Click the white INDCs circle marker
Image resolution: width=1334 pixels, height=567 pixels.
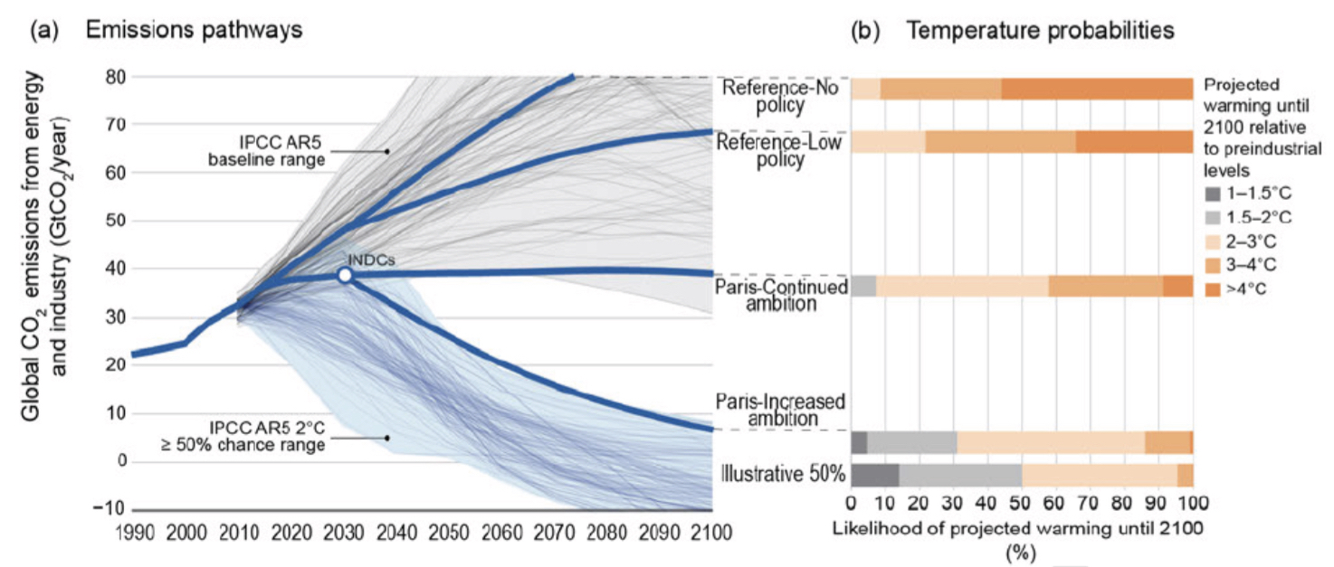(x=344, y=276)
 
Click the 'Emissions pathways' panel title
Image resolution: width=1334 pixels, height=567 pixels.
(x=194, y=30)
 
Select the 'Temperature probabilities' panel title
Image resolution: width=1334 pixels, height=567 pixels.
(x=1041, y=31)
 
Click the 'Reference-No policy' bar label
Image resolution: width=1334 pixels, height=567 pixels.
(x=782, y=97)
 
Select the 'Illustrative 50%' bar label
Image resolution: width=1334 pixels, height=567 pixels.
(x=783, y=475)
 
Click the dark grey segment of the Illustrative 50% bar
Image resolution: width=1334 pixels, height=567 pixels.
(x=875, y=476)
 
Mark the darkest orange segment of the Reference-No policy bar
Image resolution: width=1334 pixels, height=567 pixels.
(x=1097, y=89)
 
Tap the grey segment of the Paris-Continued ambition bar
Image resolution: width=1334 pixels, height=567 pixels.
(x=863, y=286)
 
